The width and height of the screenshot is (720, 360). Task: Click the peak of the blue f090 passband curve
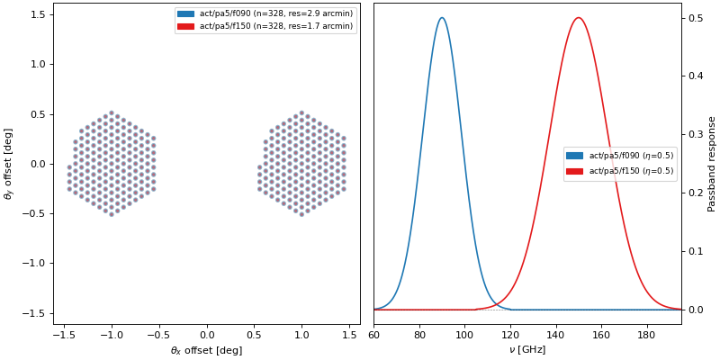[x=441, y=18]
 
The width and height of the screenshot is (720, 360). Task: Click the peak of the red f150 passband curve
[x=578, y=18]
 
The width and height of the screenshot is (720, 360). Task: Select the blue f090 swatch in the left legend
[x=185, y=14]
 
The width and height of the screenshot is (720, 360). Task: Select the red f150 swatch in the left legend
[x=185, y=26]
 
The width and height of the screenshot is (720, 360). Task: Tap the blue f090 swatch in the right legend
[x=574, y=156]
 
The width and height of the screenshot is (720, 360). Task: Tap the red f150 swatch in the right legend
[x=574, y=171]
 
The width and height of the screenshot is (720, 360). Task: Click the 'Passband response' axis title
[x=712, y=163]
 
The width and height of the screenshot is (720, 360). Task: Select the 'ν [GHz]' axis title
[x=527, y=349]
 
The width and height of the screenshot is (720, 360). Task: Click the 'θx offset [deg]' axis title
[x=206, y=350]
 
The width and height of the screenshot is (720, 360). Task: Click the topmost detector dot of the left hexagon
[x=111, y=113]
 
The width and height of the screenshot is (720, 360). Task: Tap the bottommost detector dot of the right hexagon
[x=301, y=214]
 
